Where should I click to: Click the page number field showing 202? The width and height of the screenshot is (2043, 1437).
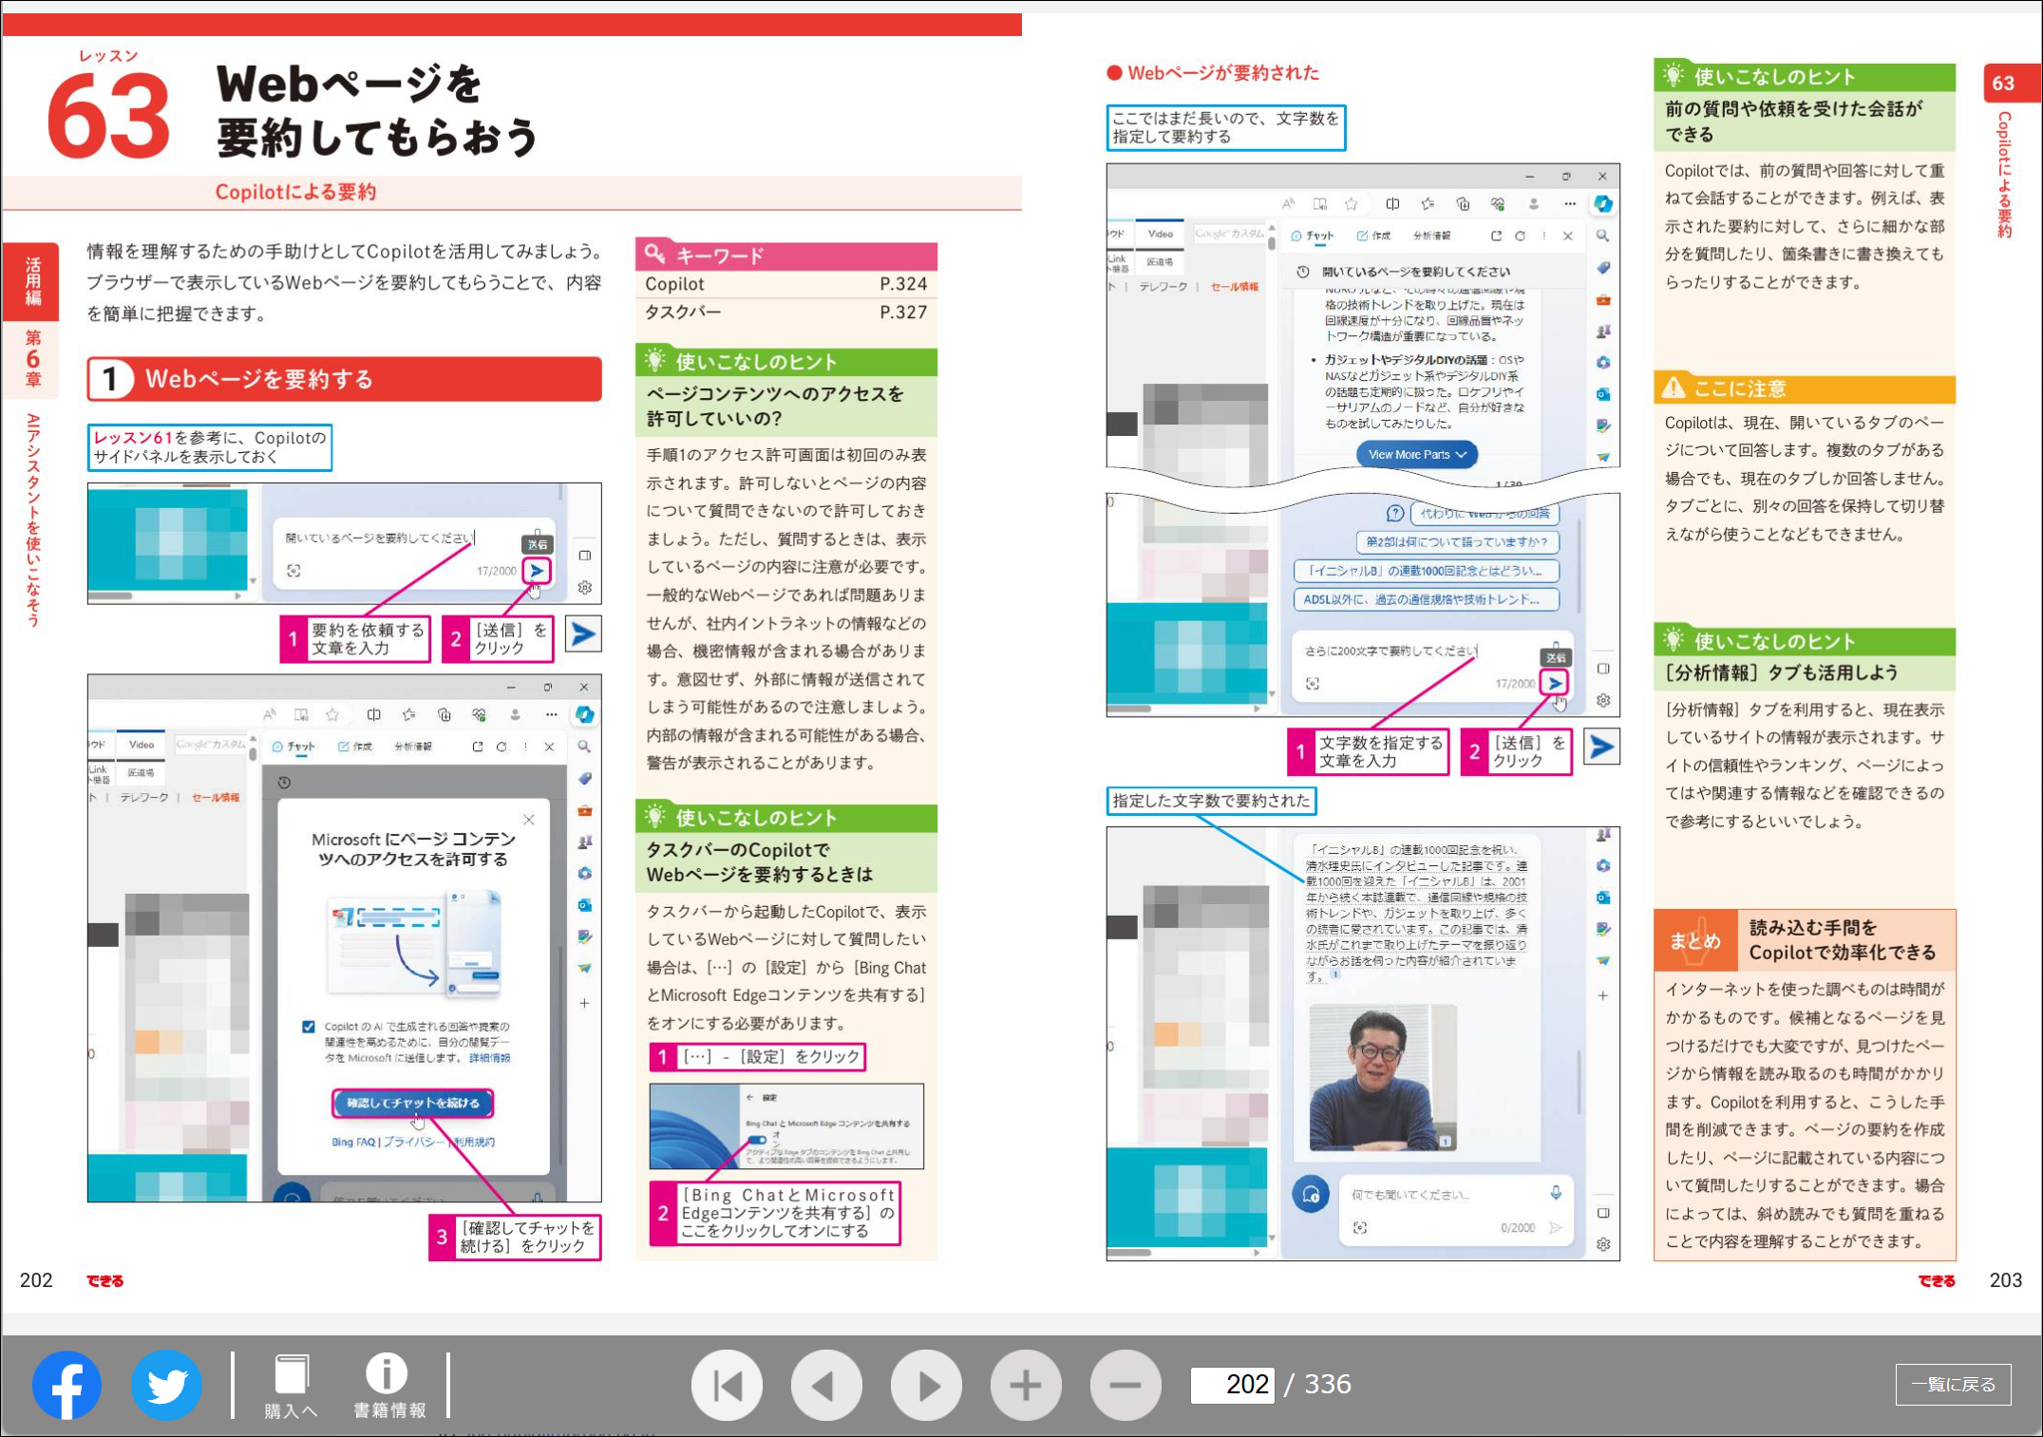pos(1231,1385)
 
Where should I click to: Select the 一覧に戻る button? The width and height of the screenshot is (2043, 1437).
pos(1953,1385)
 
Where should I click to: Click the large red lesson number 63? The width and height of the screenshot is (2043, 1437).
pos(109,117)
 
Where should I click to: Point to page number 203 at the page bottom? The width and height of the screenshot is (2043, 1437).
pos(2005,1280)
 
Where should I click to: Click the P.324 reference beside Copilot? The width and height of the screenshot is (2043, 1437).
pos(902,284)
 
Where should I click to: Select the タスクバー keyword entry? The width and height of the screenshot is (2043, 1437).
pos(683,312)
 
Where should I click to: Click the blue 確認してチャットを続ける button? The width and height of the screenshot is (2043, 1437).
pos(413,1103)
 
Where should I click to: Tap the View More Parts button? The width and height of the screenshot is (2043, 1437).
pos(1416,455)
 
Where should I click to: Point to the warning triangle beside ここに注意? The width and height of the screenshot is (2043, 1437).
pos(1674,388)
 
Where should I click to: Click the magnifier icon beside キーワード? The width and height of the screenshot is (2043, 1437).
pos(654,254)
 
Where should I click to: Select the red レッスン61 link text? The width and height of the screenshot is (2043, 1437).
pos(133,438)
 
